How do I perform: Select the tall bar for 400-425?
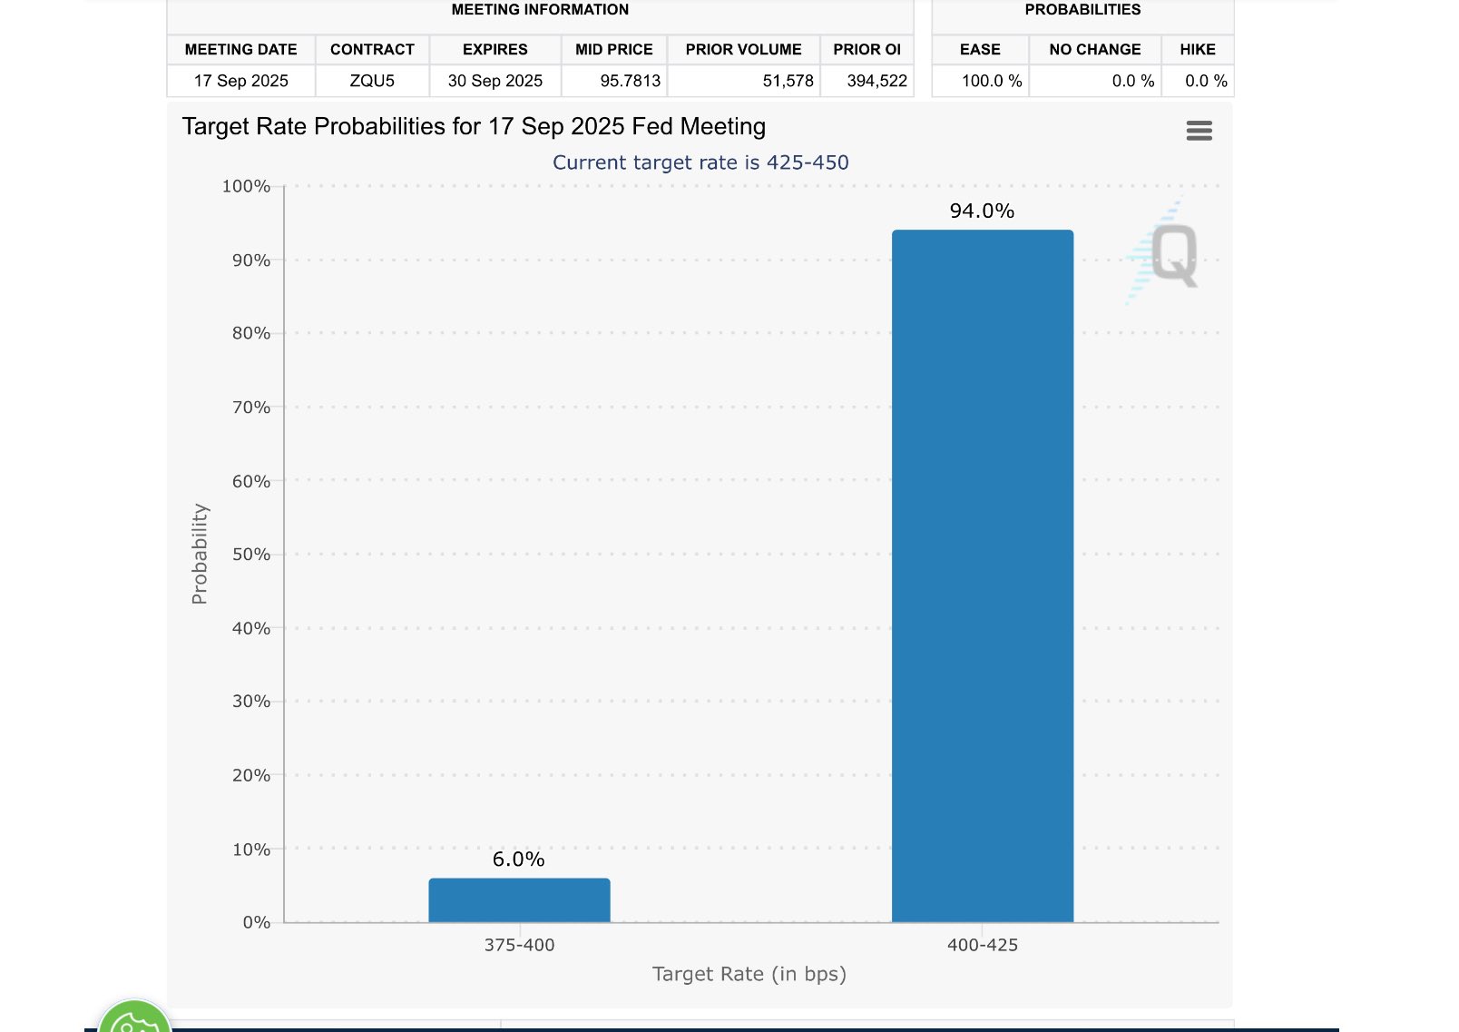(x=982, y=576)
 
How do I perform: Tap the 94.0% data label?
(x=982, y=211)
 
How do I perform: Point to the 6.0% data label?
(x=518, y=859)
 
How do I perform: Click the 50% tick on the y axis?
(x=251, y=555)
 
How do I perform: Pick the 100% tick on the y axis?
(x=246, y=186)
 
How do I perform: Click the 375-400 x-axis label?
(x=519, y=945)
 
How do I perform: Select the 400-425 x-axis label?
(x=982, y=945)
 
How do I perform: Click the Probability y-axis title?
(x=200, y=554)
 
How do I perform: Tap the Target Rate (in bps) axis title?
(x=749, y=974)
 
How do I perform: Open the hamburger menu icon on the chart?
(x=1199, y=131)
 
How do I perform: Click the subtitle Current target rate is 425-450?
(x=700, y=162)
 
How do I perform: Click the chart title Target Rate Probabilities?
(x=474, y=126)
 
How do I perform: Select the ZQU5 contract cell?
(x=372, y=81)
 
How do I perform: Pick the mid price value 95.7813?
(x=630, y=81)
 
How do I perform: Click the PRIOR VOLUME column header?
(x=743, y=49)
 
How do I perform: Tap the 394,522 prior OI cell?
(x=876, y=81)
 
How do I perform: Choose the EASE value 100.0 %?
(x=991, y=81)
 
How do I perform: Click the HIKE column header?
(x=1197, y=49)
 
